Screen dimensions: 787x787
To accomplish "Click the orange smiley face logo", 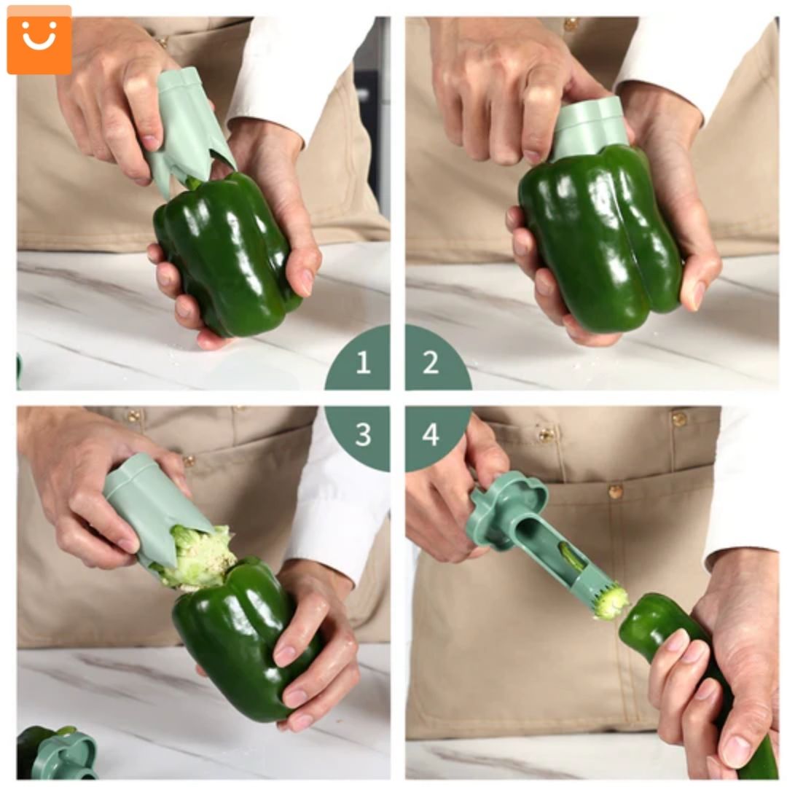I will pyautogui.click(x=39, y=40).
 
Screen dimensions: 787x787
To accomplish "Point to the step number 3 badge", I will pyautogui.click(x=362, y=434).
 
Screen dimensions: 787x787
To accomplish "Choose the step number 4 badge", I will pyautogui.click(x=431, y=434).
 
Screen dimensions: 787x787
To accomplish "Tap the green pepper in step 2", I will pyautogui.click(x=598, y=233).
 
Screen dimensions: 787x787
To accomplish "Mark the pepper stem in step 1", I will pyautogui.click(x=193, y=182).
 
